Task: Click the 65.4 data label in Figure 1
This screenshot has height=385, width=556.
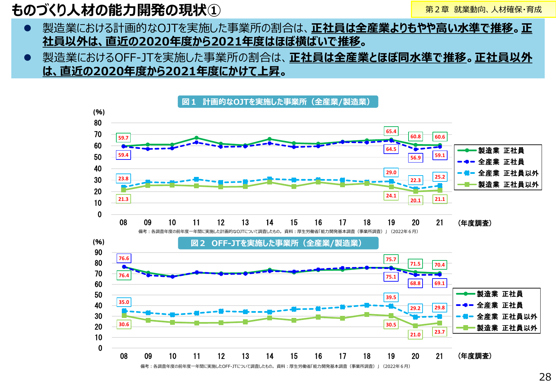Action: click(391, 131)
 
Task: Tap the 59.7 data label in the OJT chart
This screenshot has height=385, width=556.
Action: click(123, 138)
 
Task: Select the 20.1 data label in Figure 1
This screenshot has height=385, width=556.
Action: click(415, 201)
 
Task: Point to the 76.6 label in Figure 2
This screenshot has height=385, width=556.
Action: click(124, 258)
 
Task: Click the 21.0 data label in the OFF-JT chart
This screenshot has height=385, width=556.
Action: click(415, 335)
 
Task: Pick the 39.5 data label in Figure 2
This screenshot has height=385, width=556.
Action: click(391, 297)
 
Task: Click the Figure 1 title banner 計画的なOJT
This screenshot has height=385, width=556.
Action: click(277, 102)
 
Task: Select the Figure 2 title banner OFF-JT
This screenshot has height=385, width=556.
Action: click(278, 243)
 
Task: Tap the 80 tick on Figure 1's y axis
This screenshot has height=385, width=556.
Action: click(98, 123)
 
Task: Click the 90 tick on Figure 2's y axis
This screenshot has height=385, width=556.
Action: click(98, 253)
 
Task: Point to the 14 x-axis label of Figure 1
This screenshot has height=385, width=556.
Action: click(270, 223)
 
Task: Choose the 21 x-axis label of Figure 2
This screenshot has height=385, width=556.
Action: click(439, 356)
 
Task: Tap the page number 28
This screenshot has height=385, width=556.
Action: click(545, 377)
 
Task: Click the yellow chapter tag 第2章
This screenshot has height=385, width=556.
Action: click(483, 10)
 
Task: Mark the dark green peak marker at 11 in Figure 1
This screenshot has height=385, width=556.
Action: click(196, 138)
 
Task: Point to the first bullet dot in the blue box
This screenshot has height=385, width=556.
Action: click(28, 28)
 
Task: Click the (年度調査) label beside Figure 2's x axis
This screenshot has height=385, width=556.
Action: click(475, 356)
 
